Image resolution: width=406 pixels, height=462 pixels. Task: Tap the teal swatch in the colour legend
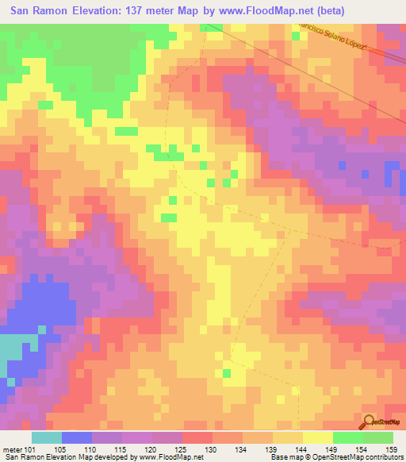pyautogui.click(x=46, y=437)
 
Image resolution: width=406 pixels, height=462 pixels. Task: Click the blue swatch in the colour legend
pyautogui.click(x=77, y=437)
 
